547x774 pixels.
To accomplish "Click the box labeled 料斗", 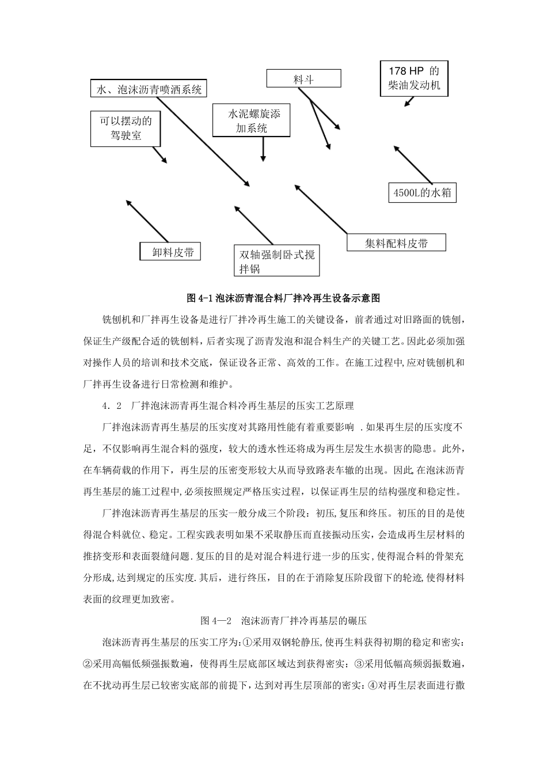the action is [303, 78].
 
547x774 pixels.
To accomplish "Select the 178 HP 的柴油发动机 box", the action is [414, 78].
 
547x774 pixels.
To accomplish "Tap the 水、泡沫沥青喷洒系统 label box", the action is [149, 89].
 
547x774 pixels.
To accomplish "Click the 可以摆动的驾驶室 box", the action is [126, 128].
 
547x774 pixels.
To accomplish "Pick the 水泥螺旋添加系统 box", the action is [252, 121].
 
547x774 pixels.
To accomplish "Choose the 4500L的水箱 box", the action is [422, 193].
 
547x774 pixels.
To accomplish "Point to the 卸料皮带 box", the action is [171, 252].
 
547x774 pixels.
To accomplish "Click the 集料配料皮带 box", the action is [397, 243].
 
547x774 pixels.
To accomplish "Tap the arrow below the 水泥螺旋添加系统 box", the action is [263, 149].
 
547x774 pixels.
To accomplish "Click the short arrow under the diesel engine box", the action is [409, 102].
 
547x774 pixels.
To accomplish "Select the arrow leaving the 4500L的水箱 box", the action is [412, 165].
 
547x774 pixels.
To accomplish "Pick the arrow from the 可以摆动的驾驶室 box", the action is [160, 155].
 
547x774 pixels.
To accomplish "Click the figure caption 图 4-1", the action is [284, 298].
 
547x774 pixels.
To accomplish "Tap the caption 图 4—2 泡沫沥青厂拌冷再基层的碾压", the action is [284, 621].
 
